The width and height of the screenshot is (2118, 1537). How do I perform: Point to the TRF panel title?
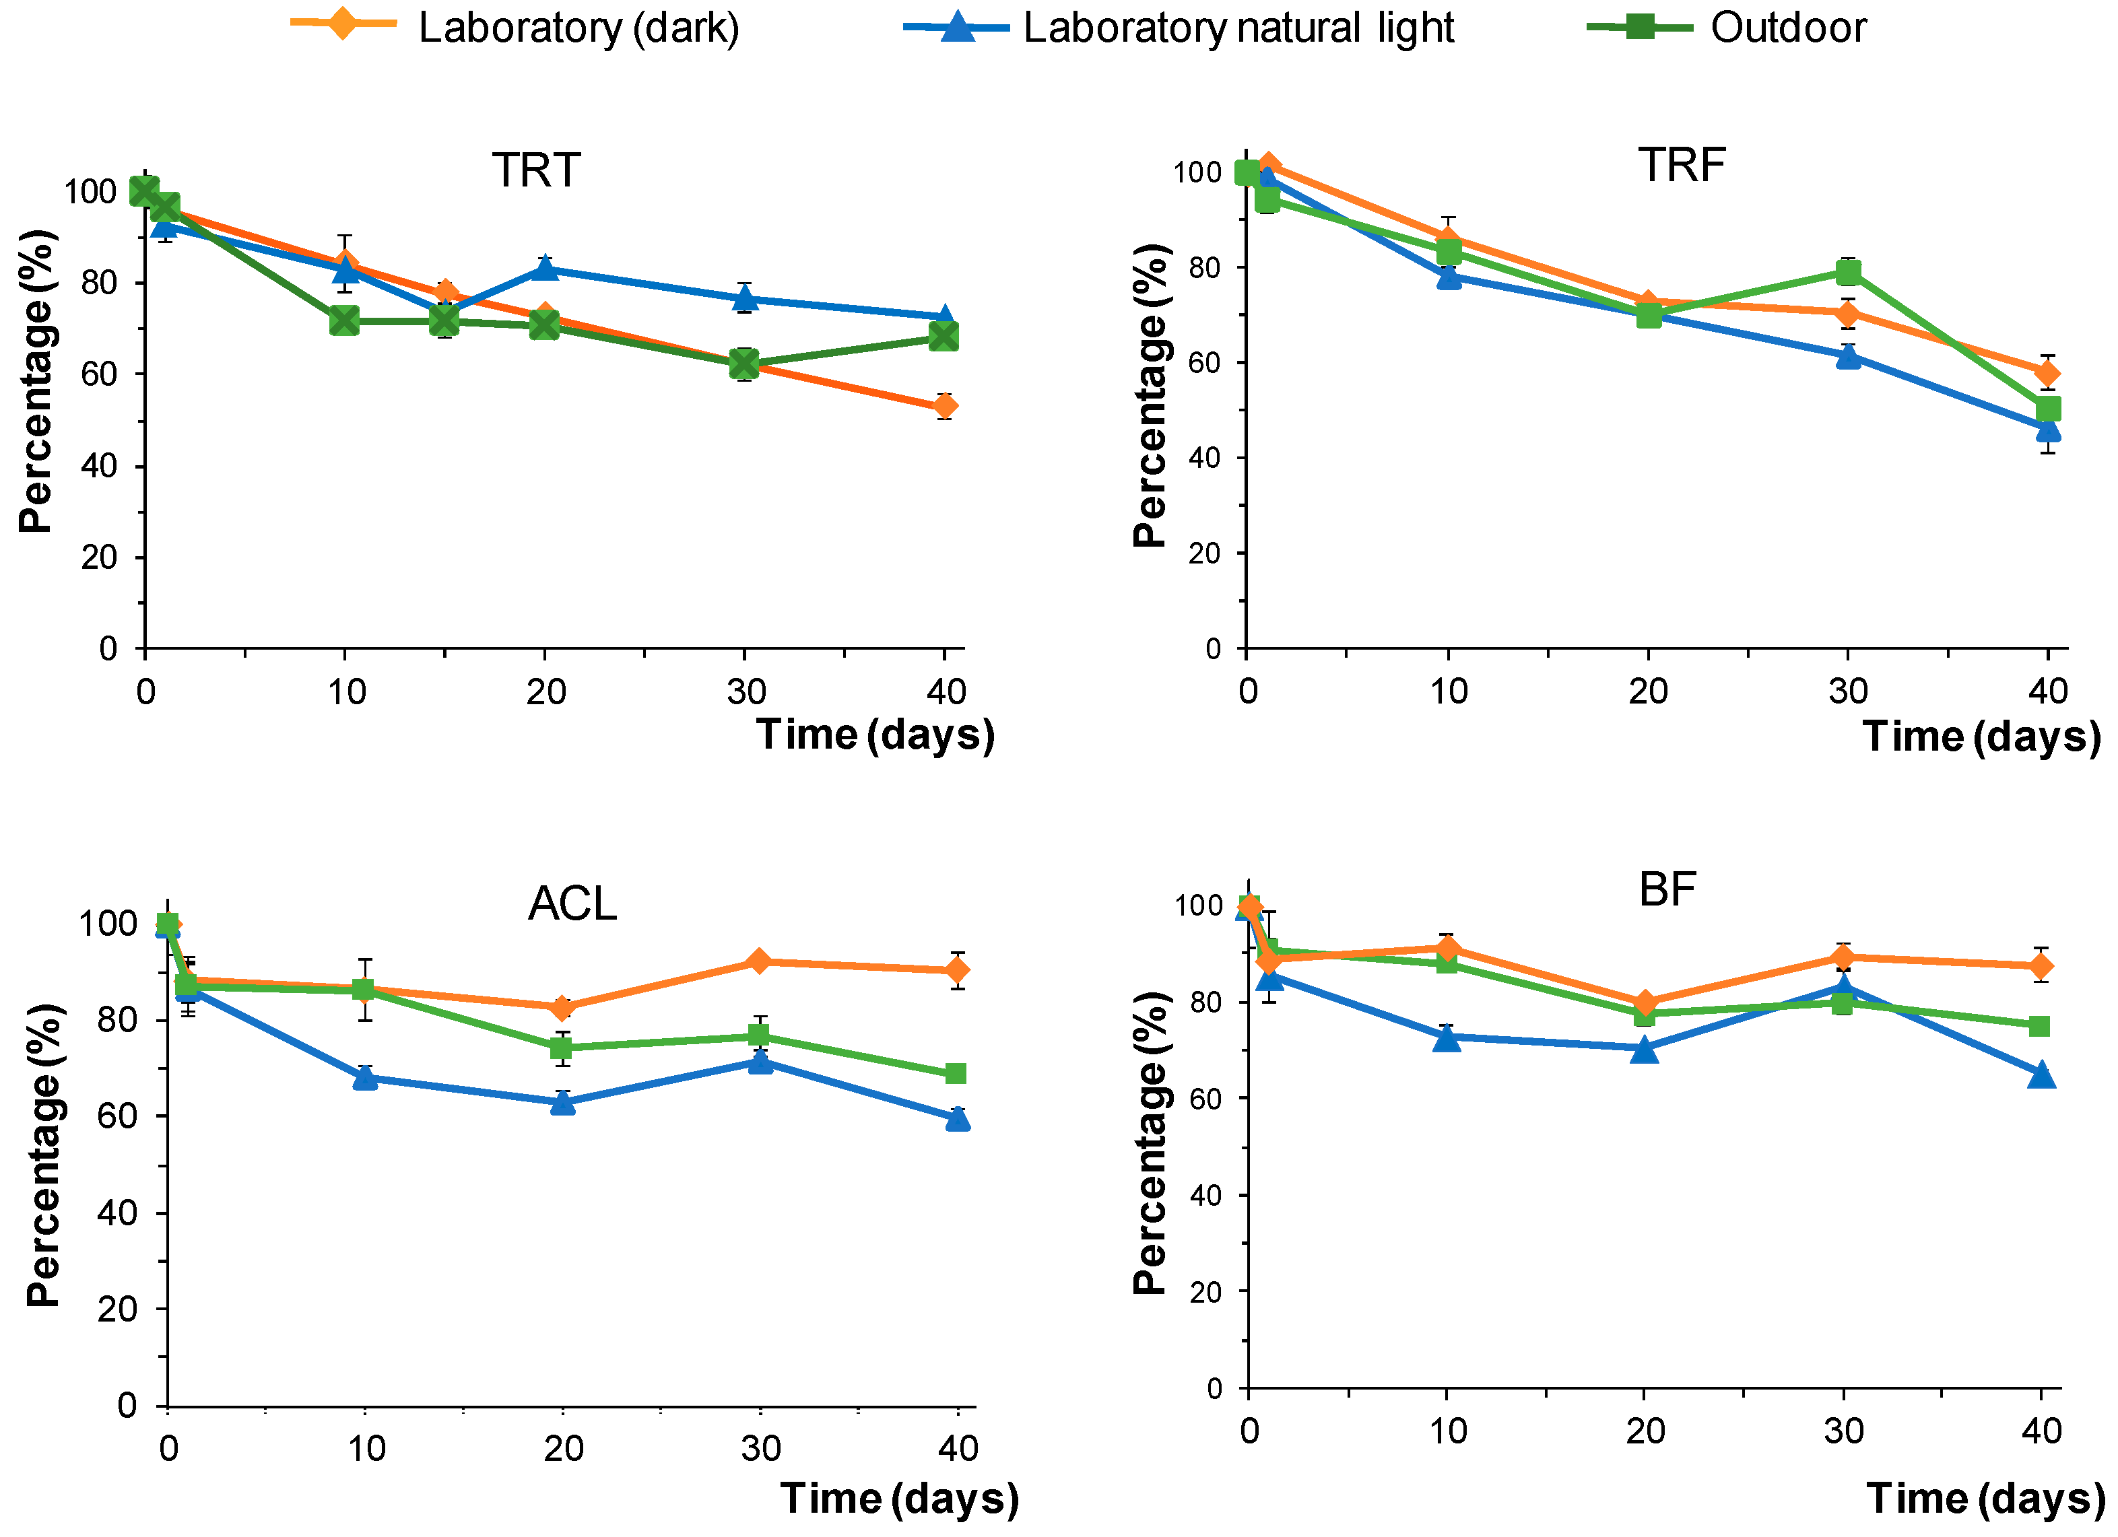(x=1682, y=165)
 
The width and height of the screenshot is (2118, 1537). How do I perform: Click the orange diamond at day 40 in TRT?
(x=945, y=406)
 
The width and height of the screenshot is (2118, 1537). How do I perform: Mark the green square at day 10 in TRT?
(x=345, y=321)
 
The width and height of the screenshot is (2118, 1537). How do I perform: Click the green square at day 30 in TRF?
(x=1847, y=273)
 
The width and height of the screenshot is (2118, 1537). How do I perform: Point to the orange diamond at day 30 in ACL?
(x=759, y=961)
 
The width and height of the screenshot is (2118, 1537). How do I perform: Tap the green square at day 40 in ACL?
(x=956, y=1073)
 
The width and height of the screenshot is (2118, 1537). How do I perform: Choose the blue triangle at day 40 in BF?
(x=2041, y=1074)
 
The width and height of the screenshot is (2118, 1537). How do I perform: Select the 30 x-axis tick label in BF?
(x=1845, y=1431)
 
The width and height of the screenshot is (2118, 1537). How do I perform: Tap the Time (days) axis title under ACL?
(x=898, y=1498)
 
